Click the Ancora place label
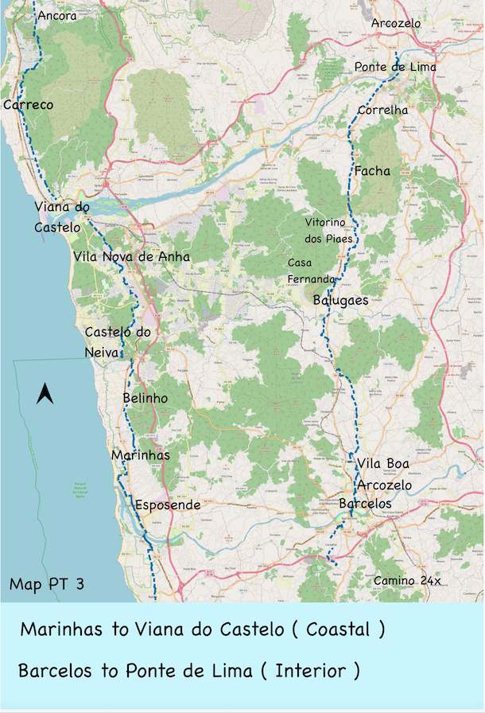pos(56,15)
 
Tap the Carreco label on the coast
pos(28,105)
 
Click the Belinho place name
pos(145,398)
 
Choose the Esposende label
pos(168,505)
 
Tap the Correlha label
pos(382,110)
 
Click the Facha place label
pos(372,170)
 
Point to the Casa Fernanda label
pos(312,271)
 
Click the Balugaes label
pos(340,300)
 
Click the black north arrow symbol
pos(45,393)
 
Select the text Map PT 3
pos(47,583)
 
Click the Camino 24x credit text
pos(407,581)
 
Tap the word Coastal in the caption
pos(338,629)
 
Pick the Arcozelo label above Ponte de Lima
pos(396,24)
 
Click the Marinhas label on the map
pos(140,454)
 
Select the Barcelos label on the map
pos(365,504)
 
